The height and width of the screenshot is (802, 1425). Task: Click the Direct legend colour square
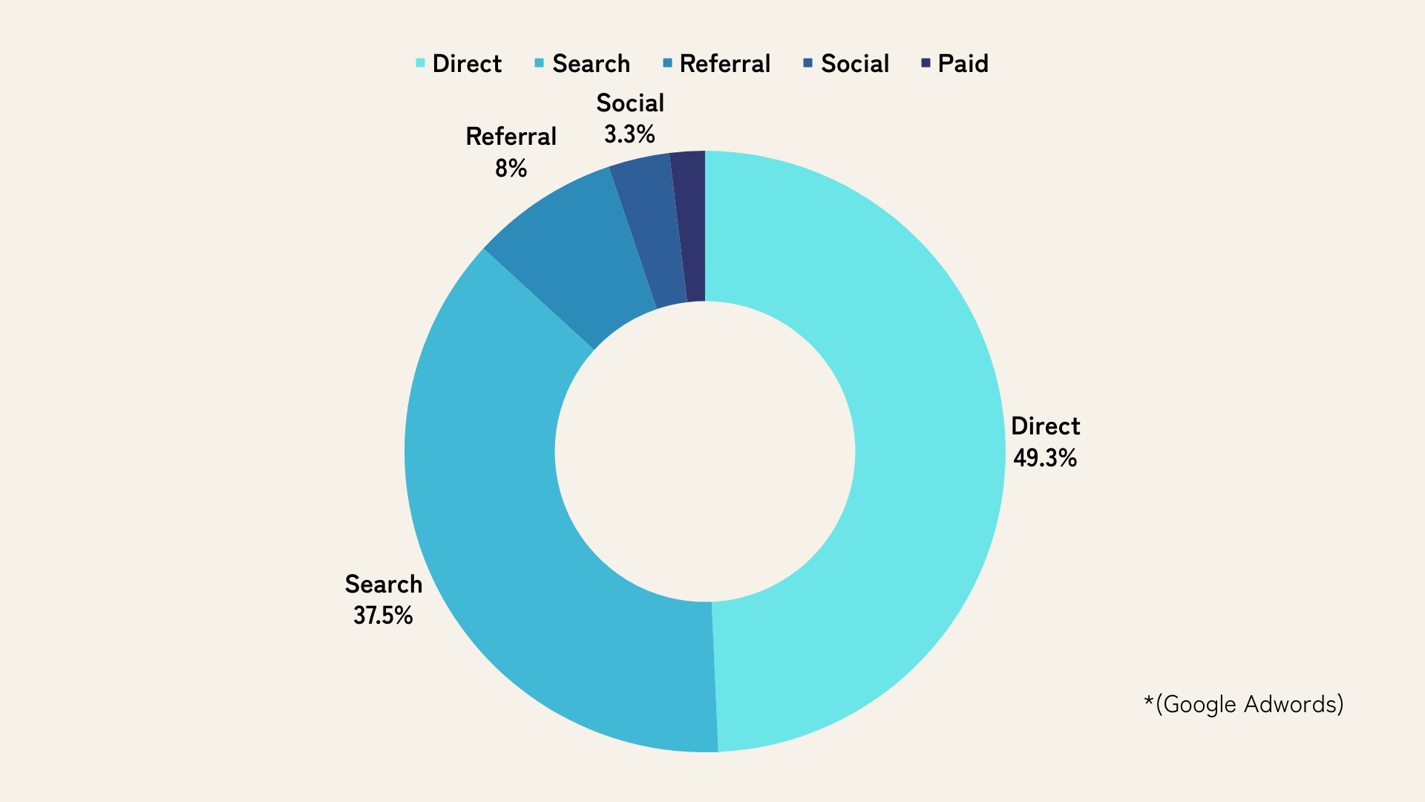tap(420, 63)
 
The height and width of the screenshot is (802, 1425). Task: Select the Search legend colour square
tap(540, 63)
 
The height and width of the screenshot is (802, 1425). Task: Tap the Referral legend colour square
tap(668, 63)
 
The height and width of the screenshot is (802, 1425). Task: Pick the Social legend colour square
tap(808, 63)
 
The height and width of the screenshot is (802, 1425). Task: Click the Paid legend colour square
tap(926, 63)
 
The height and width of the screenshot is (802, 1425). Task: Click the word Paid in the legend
tap(963, 64)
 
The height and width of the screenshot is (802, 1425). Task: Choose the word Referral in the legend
tap(725, 64)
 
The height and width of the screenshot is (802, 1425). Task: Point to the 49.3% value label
tap(1045, 458)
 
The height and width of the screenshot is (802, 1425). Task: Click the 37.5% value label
tap(383, 616)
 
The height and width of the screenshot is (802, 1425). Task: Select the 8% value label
tap(511, 169)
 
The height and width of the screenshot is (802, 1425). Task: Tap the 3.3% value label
tap(629, 134)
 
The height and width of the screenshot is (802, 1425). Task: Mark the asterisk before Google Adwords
tap(1149, 701)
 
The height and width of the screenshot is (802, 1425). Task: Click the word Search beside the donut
tap(384, 584)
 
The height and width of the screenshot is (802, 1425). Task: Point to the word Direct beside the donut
tap(1045, 426)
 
